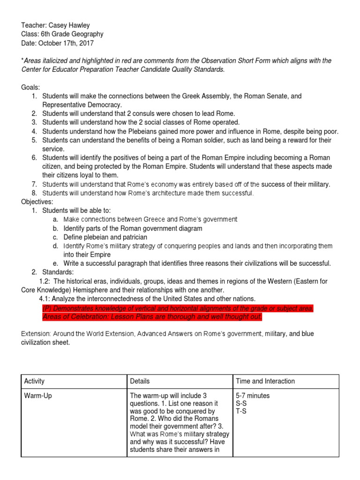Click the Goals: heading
[30, 87]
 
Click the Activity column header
[34, 381]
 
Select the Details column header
[140, 381]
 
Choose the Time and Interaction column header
[265, 381]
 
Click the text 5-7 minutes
[254, 396]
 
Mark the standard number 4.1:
[46, 299]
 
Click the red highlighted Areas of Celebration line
[152, 317]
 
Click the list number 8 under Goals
[34, 193]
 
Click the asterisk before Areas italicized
[22, 60]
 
